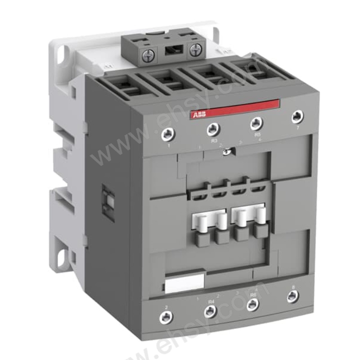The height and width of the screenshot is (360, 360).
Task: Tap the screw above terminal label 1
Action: (168, 133)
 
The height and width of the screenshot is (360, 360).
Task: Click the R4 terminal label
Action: (211, 301)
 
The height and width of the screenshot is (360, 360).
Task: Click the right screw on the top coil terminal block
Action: (195, 50)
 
